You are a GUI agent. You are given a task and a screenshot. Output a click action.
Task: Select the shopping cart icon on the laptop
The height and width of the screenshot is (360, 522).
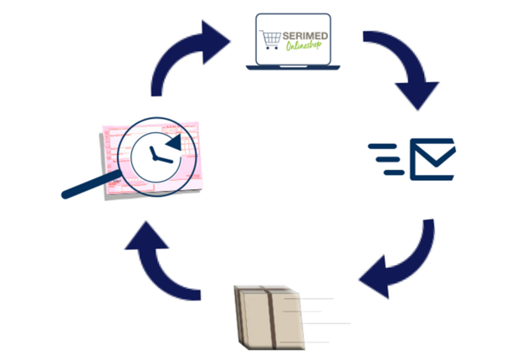pyautogui.click(x=270, y=40)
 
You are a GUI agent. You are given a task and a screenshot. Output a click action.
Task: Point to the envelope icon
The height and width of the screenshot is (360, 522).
pyautogui.click(x=432, y=158)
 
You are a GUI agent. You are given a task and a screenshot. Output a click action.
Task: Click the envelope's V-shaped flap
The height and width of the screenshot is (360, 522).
pyautogui.click(x=432, y=152)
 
